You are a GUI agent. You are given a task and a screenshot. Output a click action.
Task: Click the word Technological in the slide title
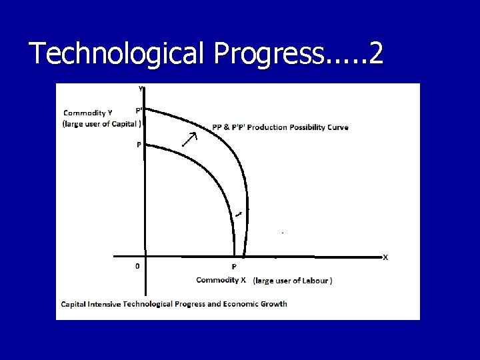pos(117,53)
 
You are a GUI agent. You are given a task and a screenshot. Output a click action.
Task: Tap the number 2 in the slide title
pos(375,53)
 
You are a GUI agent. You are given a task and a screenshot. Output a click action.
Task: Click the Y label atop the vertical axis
pos(141,88)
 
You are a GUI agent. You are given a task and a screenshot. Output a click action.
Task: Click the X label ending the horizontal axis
pos(385,257)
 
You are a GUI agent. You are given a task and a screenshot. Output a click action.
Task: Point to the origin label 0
pos(137,266)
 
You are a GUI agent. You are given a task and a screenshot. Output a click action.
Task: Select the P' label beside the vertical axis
pos(138,111)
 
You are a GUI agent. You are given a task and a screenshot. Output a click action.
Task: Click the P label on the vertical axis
pos(139,144)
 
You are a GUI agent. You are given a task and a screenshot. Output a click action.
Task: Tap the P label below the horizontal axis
pos(234,267)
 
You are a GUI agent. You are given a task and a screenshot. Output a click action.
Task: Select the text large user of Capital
pos(101,123)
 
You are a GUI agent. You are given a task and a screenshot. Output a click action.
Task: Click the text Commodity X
pos(221,280)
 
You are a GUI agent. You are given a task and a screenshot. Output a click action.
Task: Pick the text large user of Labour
pos(293,281)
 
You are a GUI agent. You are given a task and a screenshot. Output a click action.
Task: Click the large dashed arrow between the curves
pos(191,139)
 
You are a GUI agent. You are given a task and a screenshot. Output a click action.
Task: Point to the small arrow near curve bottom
pos(238,213)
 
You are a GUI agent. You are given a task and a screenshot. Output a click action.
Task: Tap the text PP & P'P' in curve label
pos(229,127)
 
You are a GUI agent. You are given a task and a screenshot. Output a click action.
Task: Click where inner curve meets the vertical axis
pos(145,145)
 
